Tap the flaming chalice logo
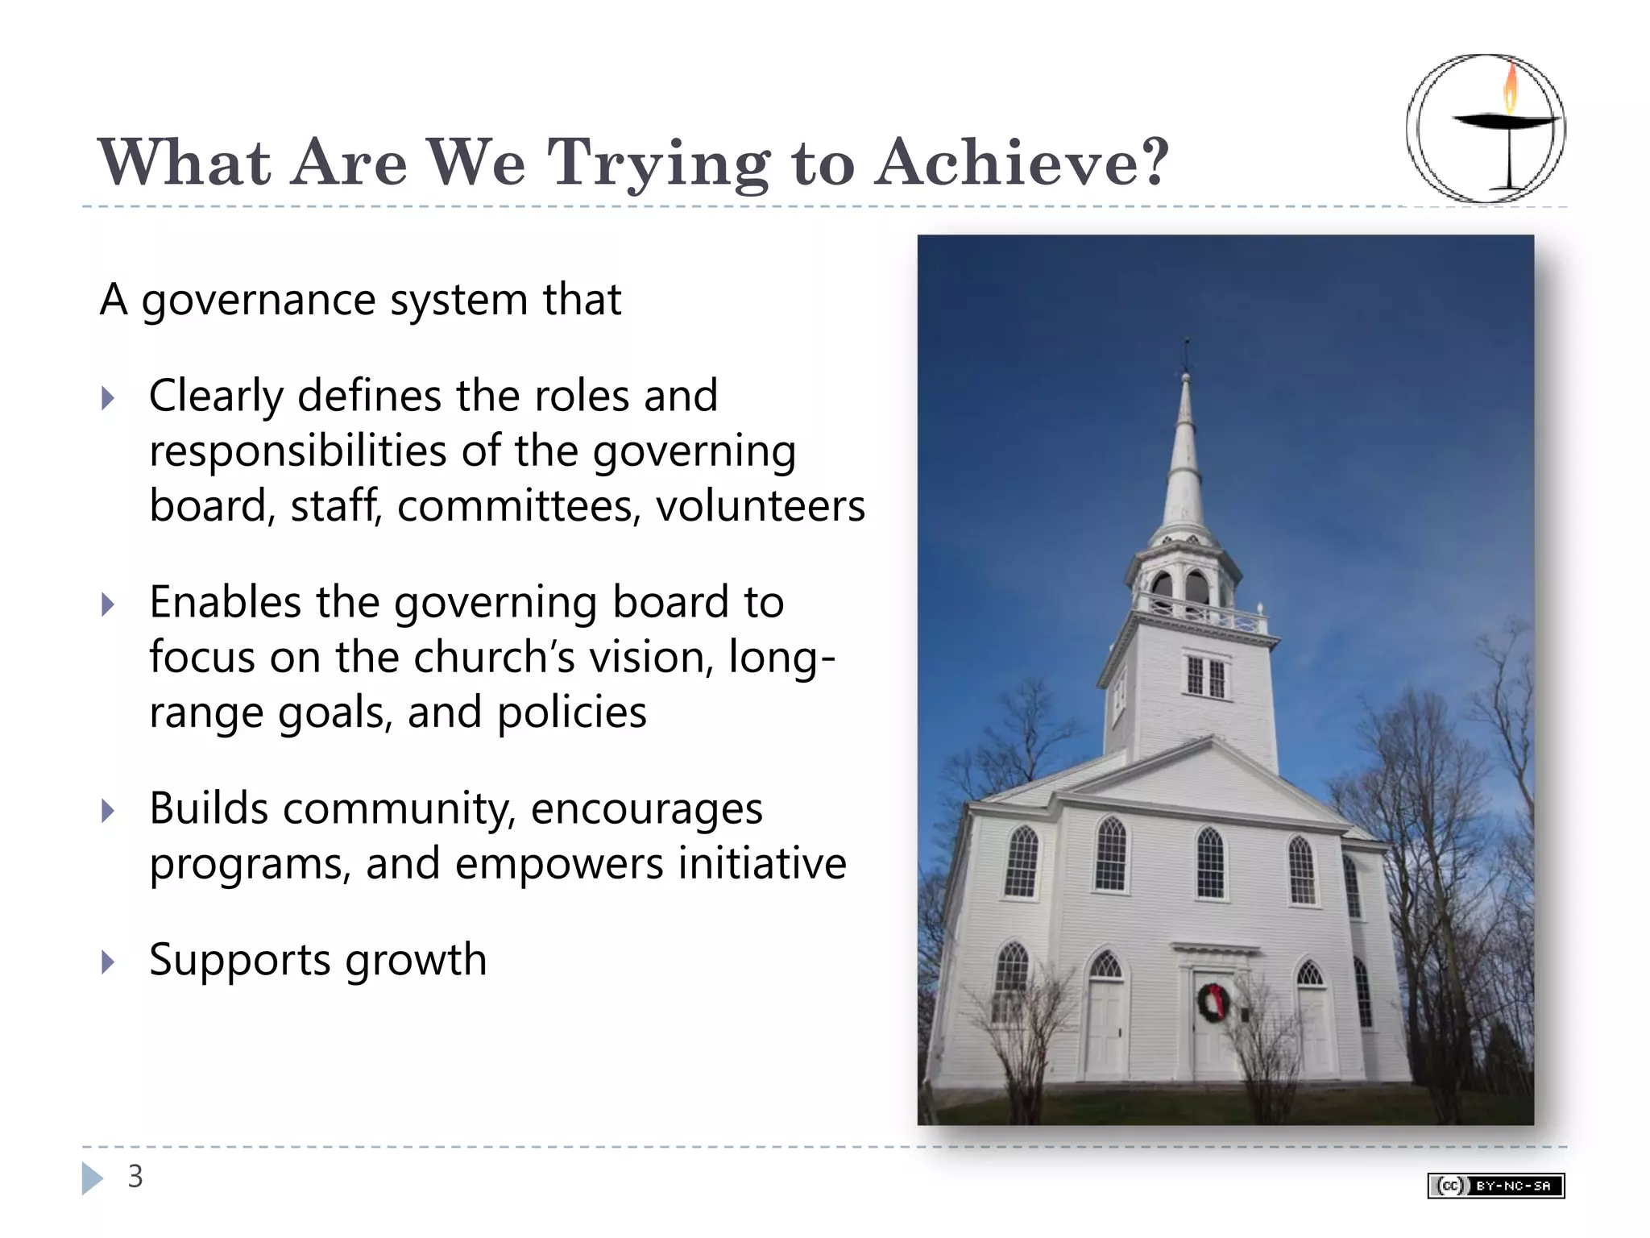click(1486, 128)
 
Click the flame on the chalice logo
click(1511, 88)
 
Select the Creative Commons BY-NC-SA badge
click(1495, 1186)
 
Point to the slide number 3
click(135, 1177)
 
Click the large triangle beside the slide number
click(92, 1178)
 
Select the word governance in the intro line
click(259, 301)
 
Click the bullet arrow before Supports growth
click(108, 962)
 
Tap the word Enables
click(225, 602)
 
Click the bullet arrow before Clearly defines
click(108, 398)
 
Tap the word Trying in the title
click(658, 164)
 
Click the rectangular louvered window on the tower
click(1206, 676)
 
